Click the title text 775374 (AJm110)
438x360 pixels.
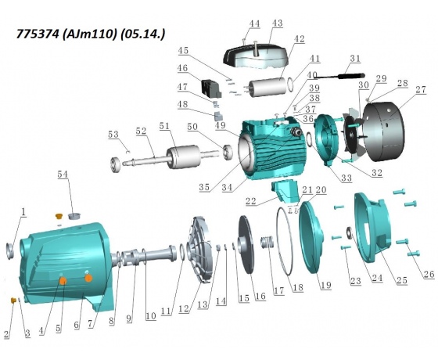tap(66, 34)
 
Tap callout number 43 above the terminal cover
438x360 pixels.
tap(277, 23)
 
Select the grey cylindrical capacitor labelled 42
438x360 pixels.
tap(268, 86)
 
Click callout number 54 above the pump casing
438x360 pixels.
tap(63, 174)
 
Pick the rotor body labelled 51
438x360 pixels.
tap(180, 157)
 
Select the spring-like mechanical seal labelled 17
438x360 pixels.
tap(267, 242)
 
